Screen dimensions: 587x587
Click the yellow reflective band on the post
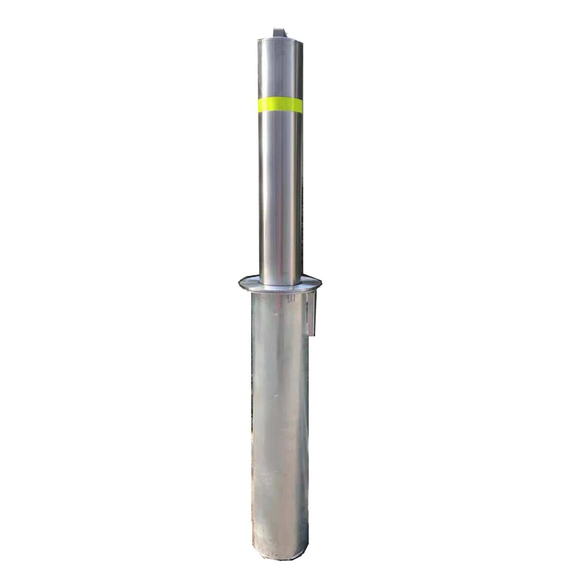280,106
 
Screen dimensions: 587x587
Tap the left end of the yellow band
259,106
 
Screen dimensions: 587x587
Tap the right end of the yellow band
302,106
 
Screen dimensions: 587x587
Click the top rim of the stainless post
280,39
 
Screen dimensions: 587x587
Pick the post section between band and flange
281,194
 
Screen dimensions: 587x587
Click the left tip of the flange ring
240,284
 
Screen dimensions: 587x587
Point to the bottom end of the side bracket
312,334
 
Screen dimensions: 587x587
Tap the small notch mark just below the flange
291,298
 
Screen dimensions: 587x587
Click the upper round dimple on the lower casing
274,314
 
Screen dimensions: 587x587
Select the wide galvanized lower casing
280,423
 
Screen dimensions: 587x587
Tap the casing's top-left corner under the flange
253,293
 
